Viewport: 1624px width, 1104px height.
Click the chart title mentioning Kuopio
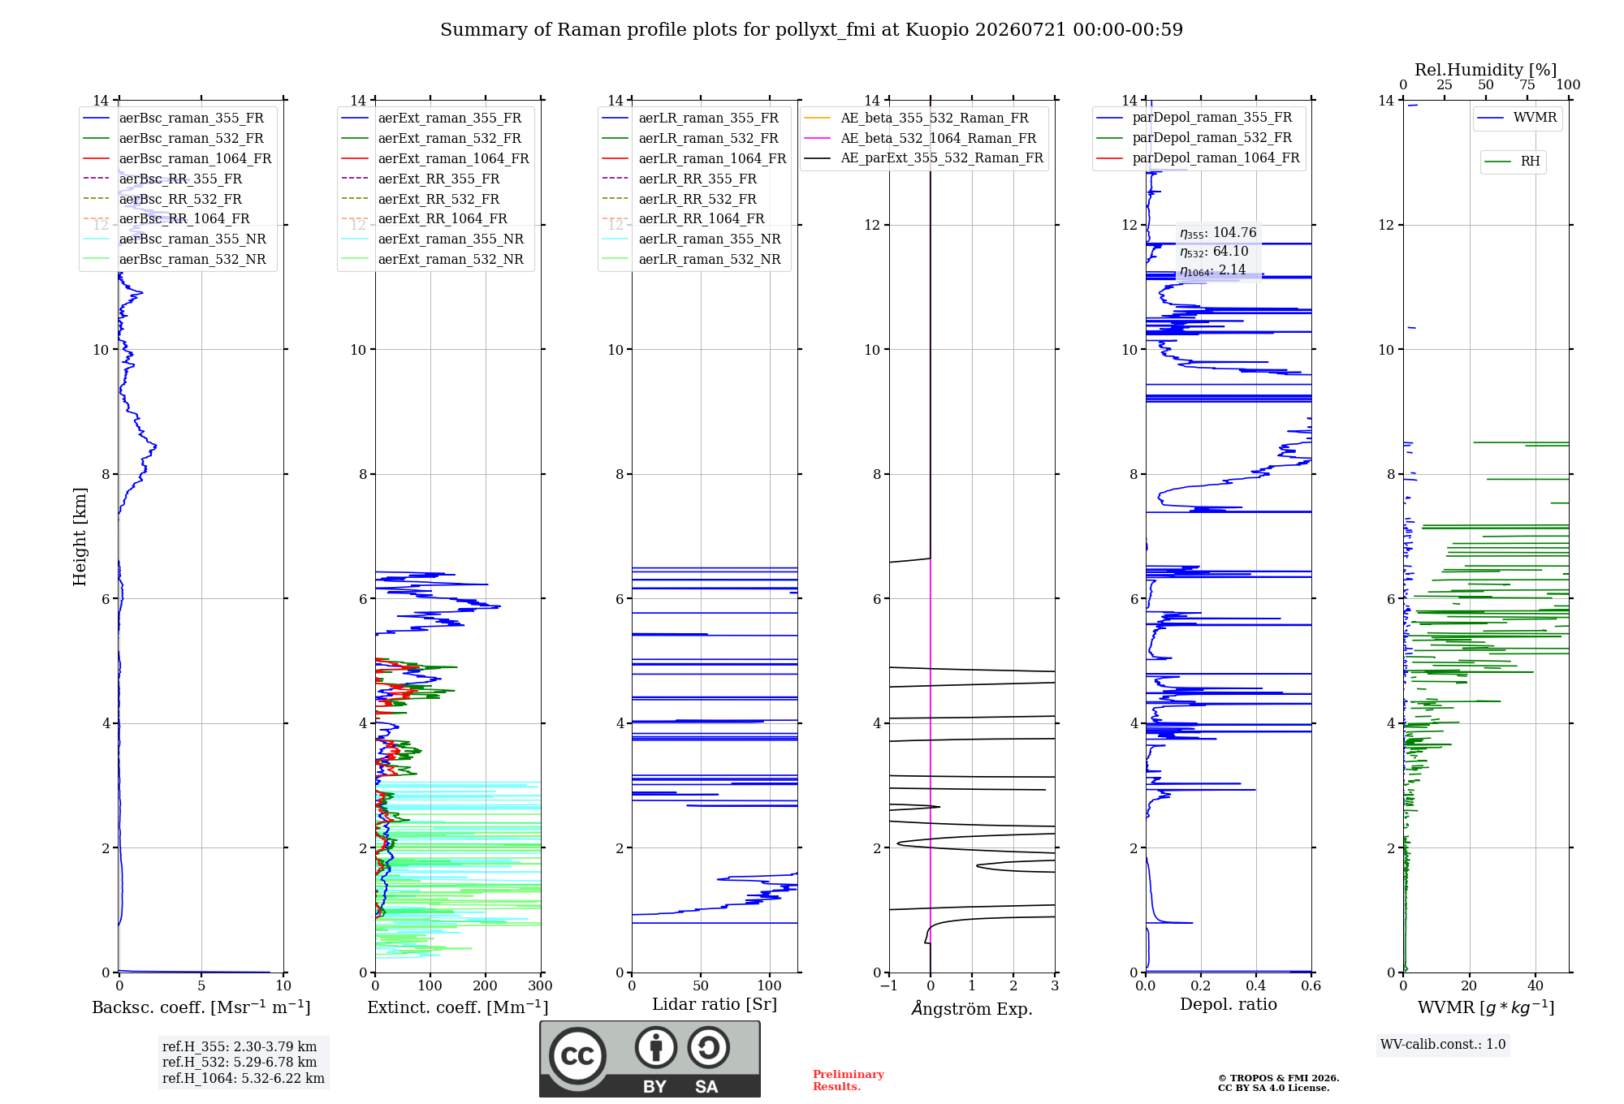click(811, 30)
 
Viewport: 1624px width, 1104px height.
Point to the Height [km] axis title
click(80, 537)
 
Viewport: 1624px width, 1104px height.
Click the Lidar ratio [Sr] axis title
click(715, 1004)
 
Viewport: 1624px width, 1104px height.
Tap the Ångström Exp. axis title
click(972, 1008)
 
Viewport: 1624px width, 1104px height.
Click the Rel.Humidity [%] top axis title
click(1486, 70)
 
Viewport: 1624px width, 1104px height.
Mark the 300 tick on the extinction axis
click(540, 985)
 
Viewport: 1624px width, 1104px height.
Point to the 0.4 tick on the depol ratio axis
click(1255, 985)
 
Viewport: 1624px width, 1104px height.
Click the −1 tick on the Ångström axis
click(888, 985)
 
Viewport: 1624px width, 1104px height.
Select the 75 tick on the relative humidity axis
click(1527, 84)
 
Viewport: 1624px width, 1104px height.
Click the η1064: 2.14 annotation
click(1213, 270)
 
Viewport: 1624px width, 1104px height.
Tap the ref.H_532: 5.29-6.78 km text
click(240, 1062)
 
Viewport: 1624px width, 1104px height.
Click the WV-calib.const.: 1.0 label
click(1443, 1044)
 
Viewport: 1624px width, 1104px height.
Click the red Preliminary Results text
click(849, 1080)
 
